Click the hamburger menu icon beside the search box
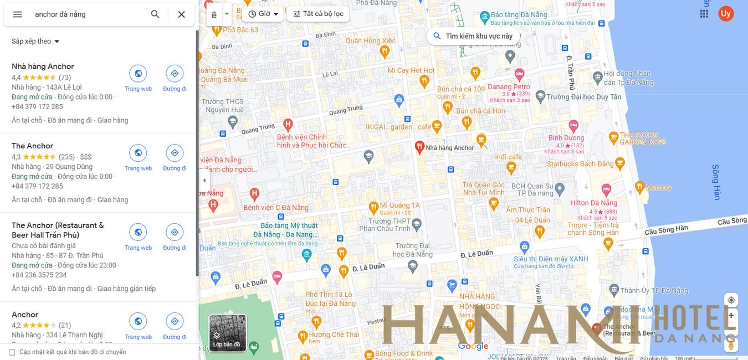pos(17,14)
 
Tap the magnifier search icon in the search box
pos(155,14)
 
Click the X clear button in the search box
pos(181,14)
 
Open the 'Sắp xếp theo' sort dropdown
pos(35,42)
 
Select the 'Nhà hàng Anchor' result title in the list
pos(43,66)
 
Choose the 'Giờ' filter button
pos(264,14)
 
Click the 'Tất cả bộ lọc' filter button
pos(318,14)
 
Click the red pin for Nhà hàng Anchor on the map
pos(419,147)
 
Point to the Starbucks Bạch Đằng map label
pos(580,164)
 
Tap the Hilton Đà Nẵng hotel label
pos(593,203)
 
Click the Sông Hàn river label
pos(716,182)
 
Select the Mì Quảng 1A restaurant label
pos(400,205)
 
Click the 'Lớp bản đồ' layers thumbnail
pos(227,333)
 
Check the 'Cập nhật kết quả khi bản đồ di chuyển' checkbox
pos(12,352)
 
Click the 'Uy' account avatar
pos(726,14)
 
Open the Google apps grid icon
pos(704,14)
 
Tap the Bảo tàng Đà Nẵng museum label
pos(519,15)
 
